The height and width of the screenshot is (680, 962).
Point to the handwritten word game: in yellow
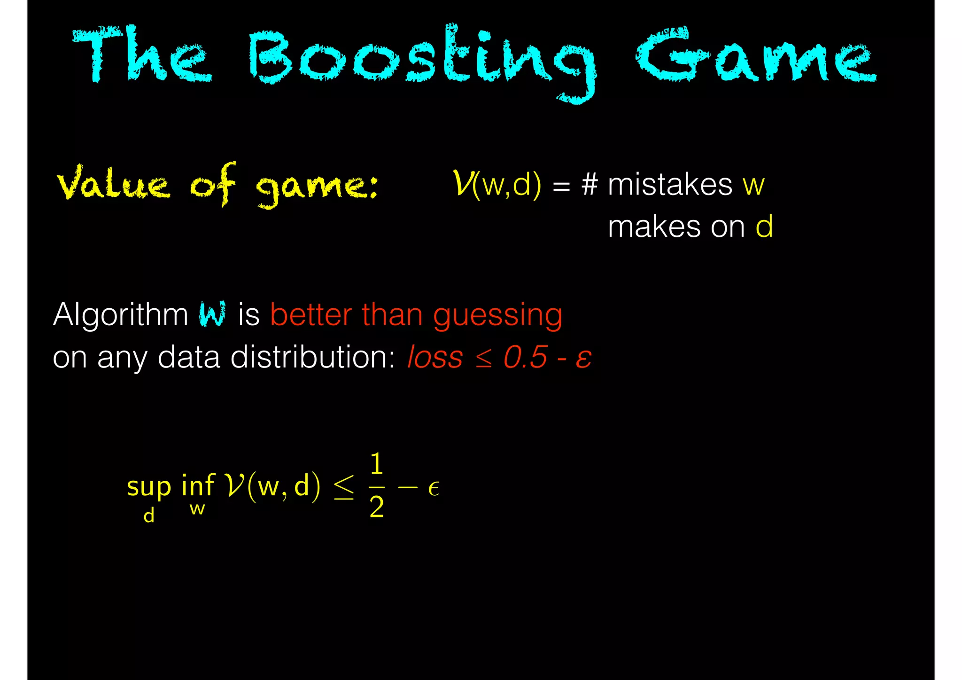click(317, 188)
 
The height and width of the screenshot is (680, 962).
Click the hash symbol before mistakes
click(590, 184)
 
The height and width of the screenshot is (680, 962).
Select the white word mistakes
click(670, 184)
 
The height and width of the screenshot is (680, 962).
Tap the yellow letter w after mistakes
click(753, 186)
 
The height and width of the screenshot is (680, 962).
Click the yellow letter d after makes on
click(764, 227)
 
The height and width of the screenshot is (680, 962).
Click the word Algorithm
click(120, 315)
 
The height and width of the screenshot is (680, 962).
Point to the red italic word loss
click(435, 358)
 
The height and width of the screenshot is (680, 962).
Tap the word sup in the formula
click(149, 487)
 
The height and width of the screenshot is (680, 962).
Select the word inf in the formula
click(198, 485)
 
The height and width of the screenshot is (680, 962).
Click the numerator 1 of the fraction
click(377, 464)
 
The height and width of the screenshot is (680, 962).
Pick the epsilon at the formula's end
click(434, 489)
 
